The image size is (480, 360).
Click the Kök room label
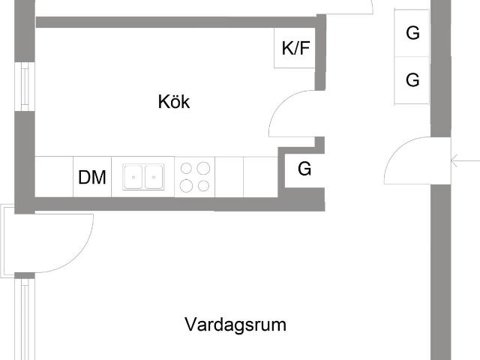click(174, 102)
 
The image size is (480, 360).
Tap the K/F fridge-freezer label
click(295, 48)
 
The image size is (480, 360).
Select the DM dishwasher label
click(92, 178)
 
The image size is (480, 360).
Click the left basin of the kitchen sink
click(133, 177)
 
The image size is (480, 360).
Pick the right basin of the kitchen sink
click(154, 177)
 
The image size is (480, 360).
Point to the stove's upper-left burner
click(186, 168)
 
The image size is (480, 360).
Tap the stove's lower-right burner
click(203, 186)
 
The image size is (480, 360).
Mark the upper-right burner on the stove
click(203, 168)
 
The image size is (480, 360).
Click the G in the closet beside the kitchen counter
click(304, 169)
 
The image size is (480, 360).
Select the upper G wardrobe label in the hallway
click(412, 33)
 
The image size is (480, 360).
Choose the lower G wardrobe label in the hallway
click(412, 80)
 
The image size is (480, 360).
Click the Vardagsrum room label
click(235, 325)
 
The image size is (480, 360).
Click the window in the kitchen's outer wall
click(25, 87)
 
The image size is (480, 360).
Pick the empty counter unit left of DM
click(54, 177)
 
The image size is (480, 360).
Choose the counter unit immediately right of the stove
click(229, 177)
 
